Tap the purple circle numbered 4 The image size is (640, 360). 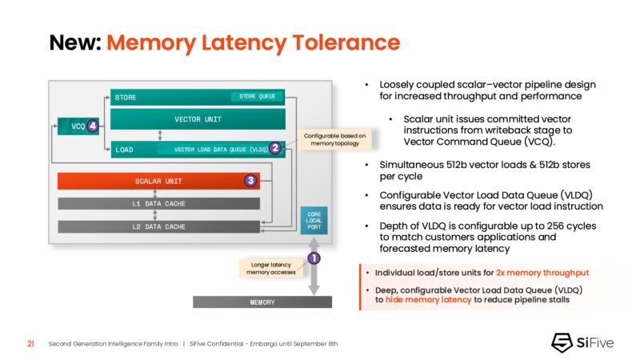94,126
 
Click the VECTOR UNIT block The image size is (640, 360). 198,120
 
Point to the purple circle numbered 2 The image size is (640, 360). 274,148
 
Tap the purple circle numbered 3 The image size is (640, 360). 250,182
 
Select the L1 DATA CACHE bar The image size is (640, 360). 158,204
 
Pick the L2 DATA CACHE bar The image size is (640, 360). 158,227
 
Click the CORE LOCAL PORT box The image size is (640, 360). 314,221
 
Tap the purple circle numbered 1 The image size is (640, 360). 314,258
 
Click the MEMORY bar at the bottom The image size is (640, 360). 262,302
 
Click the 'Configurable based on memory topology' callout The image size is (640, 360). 334,141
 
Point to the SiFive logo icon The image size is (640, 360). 562,342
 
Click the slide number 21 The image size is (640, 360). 30,343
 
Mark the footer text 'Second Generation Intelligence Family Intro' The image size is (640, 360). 113,343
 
